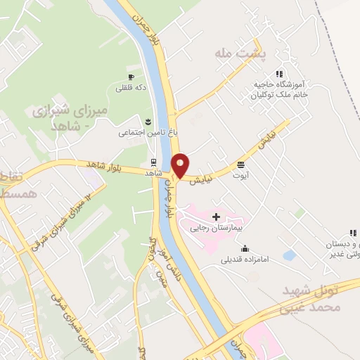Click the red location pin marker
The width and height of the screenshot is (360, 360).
(181, 165)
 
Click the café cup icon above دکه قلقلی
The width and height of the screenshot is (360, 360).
(130, 77)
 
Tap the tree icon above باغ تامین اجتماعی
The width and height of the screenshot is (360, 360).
(148, 121)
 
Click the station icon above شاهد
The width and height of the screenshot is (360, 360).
(154, 161)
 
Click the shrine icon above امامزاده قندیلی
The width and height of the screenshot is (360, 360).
(244, 248)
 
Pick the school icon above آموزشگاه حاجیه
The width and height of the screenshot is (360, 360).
(279, 73)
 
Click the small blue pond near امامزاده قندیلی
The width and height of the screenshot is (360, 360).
(288, 255)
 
